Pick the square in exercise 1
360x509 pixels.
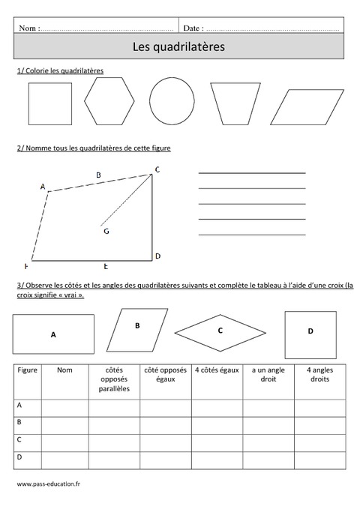[49, 102]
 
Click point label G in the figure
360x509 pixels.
[106, 231]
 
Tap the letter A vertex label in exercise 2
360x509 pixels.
[42, 187]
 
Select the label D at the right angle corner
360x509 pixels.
[157, 256]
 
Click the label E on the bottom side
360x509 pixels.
[106, 266]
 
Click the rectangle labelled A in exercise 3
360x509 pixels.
[53, 334]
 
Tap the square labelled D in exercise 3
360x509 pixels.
[310, 331]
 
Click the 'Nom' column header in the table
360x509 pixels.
[64, 370]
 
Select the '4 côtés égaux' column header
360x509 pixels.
[216, 370]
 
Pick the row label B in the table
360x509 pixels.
[19, 423]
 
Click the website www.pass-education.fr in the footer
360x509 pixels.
[48, 485]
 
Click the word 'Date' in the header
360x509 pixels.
[193, 28]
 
